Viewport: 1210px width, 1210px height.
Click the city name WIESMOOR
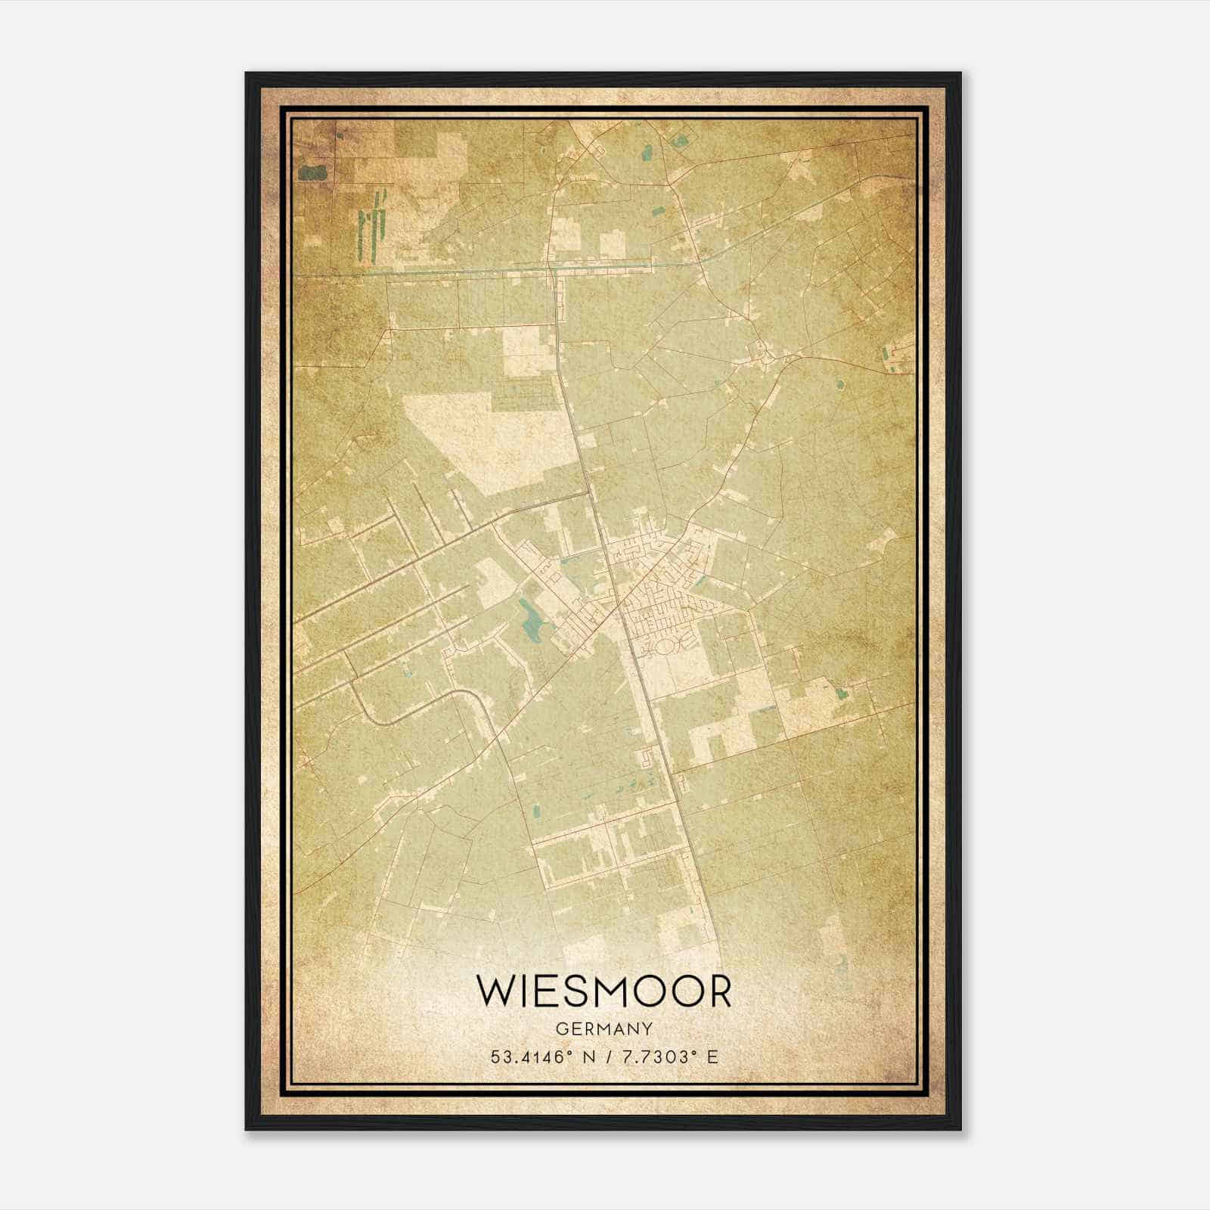point(604,991)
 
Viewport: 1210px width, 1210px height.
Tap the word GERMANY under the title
point(604,1028)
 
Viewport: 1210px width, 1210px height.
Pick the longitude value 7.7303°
point(654,1057)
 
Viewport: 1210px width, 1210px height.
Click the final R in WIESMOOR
point(719,991)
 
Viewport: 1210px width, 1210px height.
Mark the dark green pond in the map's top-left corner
point(311,173)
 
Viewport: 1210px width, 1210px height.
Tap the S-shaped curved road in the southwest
point(423,703)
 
